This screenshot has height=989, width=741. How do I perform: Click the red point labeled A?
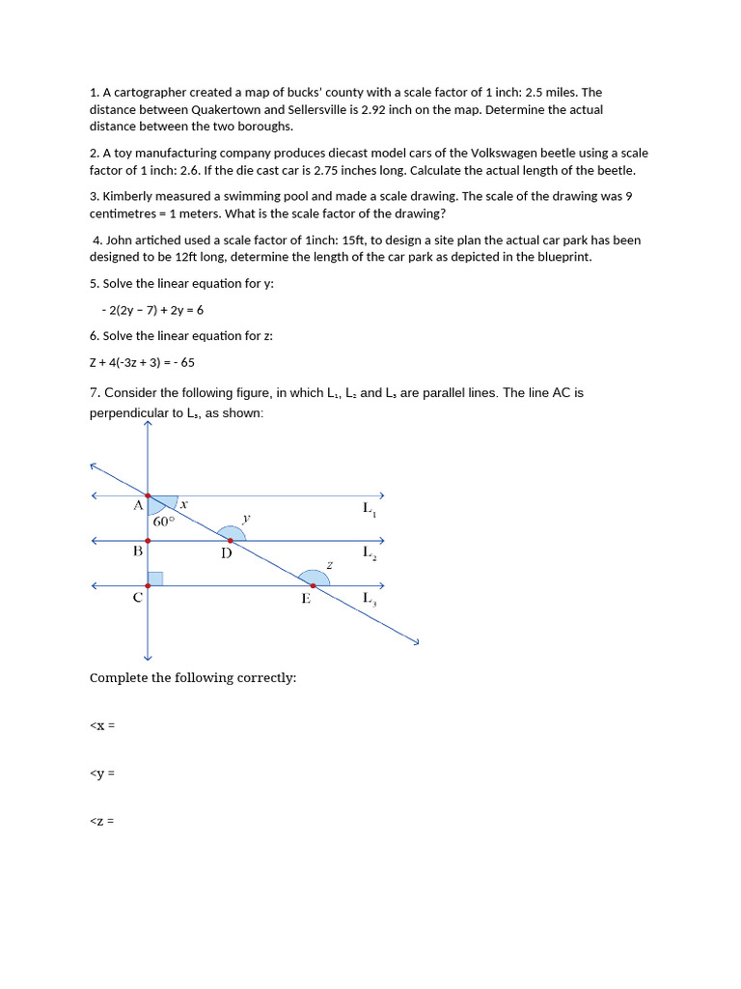click(x=148, y=495)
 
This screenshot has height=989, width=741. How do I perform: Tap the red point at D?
click(x=230, y=541)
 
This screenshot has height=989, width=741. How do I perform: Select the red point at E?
click(x=313, y=585)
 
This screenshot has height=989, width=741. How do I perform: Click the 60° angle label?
click(x=163, y=521)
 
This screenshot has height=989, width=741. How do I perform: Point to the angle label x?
click(x=183, y=504)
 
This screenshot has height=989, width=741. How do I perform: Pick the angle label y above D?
click(x=246, y=518)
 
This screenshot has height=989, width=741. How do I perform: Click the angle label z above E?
click(x=329, y=564)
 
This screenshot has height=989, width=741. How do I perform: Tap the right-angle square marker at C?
click(x=154, y=579)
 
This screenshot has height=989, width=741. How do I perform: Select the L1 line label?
click(x=370, y=508)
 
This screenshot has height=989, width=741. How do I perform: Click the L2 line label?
click(x=370, y=552)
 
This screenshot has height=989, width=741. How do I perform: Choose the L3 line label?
click(x=370, y=599)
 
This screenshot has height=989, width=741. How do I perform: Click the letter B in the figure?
click(x=138, y=551)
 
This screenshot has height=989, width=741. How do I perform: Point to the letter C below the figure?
click(x=138, y=597)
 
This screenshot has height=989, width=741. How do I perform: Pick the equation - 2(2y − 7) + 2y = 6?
click(x=151, y=310)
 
